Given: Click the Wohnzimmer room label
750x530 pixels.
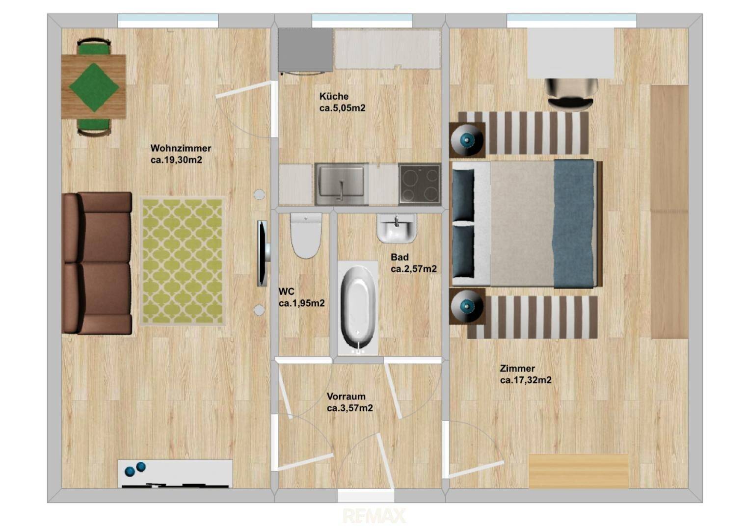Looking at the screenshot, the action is (181, 148).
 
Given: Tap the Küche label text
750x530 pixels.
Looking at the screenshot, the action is (334, 96).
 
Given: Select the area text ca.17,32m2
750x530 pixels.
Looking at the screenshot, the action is (526, 380).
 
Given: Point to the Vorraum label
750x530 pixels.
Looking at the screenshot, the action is (346, 397).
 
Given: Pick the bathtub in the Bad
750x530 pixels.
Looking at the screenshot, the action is (358, 308).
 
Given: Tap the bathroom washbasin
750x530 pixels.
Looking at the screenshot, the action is (397, 228).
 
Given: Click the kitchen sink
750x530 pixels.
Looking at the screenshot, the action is (342, 185).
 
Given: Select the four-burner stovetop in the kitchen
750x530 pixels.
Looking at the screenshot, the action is (420, 184).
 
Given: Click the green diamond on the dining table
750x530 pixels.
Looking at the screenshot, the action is (94, 87).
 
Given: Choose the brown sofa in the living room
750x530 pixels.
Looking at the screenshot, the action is (97, 263).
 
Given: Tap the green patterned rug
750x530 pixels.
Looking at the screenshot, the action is (183, 261).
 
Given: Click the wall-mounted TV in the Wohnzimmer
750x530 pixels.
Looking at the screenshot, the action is (263, 253).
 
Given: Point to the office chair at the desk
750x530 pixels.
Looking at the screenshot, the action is (571, 94).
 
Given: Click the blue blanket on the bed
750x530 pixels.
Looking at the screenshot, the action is (575, 224).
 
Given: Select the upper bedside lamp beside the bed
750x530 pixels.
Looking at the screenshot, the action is (467, 140).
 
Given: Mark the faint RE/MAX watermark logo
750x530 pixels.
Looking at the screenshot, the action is (375, 516).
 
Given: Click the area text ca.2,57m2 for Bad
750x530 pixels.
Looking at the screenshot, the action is (413, 269).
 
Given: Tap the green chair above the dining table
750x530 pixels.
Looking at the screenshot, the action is (94, 47).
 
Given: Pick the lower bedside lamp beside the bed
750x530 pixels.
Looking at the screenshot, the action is (467, 306).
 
